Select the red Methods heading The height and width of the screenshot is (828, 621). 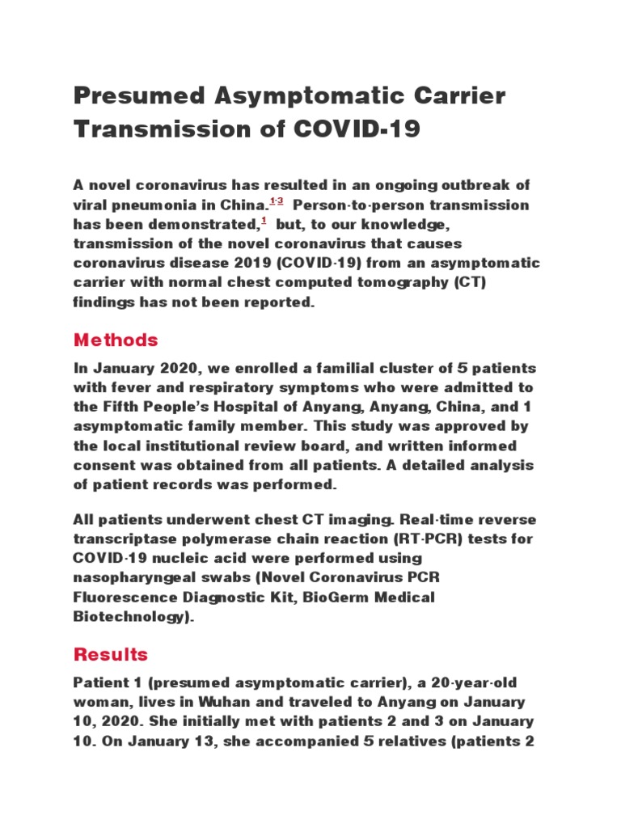(116, 340)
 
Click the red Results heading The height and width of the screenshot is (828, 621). (111, 653)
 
